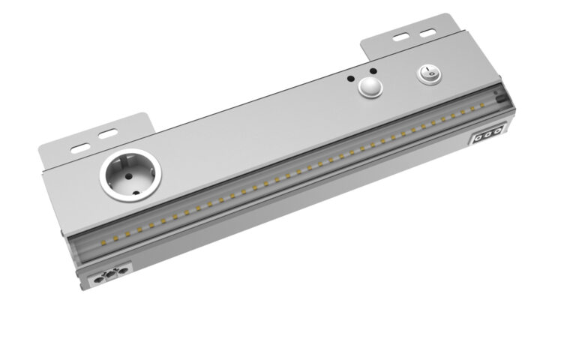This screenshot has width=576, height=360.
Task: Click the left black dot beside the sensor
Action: (x=350, y=78)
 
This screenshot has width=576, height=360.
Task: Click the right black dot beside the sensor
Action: (x=373, y=70)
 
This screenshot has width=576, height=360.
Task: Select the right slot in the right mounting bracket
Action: (x=427, y=32)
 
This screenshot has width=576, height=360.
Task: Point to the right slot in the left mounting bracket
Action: (x=108, y=134)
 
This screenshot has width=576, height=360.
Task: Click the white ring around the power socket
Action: (x=105, y=184)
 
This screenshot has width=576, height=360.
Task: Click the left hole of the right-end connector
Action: (x=478, y=139)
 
